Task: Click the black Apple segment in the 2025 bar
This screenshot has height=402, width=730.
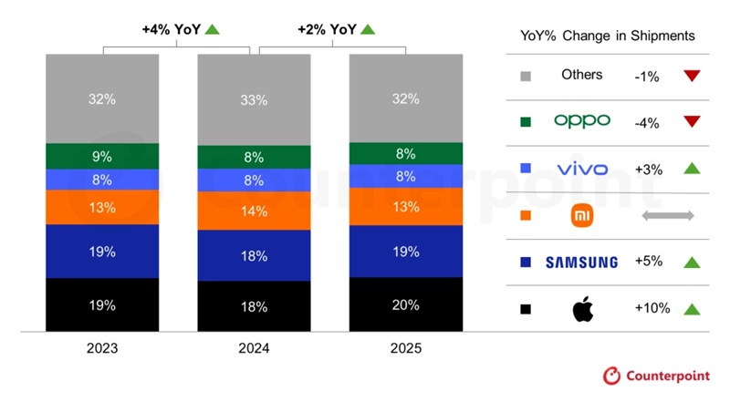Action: [406, 305]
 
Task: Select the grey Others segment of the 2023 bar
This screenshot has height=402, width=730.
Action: [102, 98]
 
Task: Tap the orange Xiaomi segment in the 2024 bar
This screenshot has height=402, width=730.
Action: [255, 211]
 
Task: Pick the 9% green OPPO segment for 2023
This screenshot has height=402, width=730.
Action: [102, 156]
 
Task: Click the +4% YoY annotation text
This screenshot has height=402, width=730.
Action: [172, 29]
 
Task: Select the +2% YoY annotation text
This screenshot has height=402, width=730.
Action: [327, 29]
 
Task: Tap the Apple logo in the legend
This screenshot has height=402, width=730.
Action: [581, 309]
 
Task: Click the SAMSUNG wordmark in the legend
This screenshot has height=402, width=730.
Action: [581, 263]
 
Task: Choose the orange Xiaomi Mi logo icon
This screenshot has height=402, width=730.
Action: [581, 216]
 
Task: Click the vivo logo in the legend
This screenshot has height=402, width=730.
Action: [581, 169]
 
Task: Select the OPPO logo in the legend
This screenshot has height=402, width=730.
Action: [581, 121]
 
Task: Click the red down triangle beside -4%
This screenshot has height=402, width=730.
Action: [691, 121]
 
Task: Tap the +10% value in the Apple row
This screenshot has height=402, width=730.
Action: [652, 309]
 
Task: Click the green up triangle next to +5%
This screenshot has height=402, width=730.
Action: [691, 263]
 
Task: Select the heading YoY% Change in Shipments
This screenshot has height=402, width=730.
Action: [608, 36]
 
